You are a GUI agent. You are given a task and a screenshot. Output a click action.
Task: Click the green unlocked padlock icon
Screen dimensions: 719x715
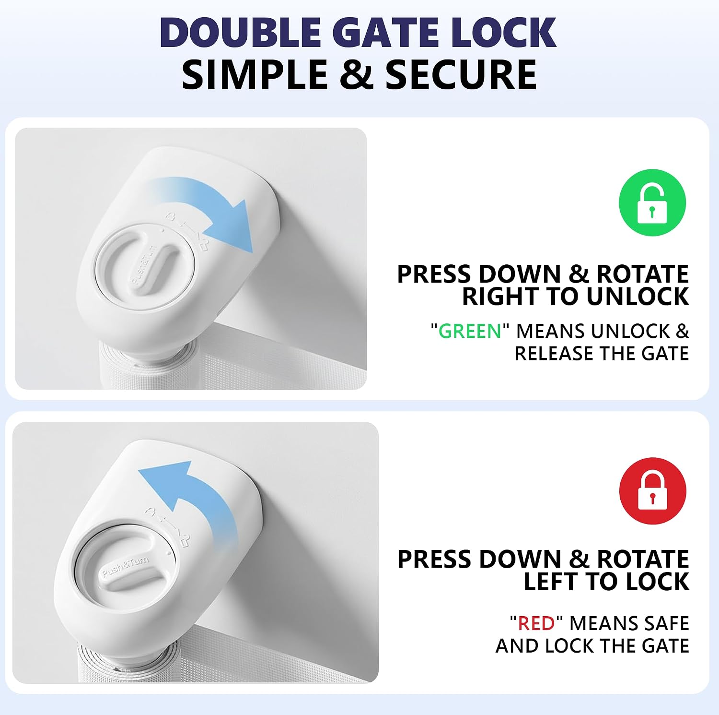[x=652, y=203]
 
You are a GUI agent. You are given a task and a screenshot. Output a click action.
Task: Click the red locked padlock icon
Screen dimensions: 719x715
[x=652, y=491]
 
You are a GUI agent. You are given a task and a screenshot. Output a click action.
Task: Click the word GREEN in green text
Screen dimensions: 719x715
[x=470, y=331]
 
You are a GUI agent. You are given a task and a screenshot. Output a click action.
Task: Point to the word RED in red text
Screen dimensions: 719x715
[x=536, y=623]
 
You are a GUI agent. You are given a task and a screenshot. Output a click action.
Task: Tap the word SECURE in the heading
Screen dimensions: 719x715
[x=461, y=75]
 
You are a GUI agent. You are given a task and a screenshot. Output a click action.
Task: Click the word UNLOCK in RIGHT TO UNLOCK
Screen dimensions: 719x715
[x=638, y=296]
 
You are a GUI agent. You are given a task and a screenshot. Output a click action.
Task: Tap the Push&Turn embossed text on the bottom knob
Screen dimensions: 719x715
[x=126, y=566]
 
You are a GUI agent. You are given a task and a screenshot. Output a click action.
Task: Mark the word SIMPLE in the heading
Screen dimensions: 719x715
[x=255, y=75]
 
